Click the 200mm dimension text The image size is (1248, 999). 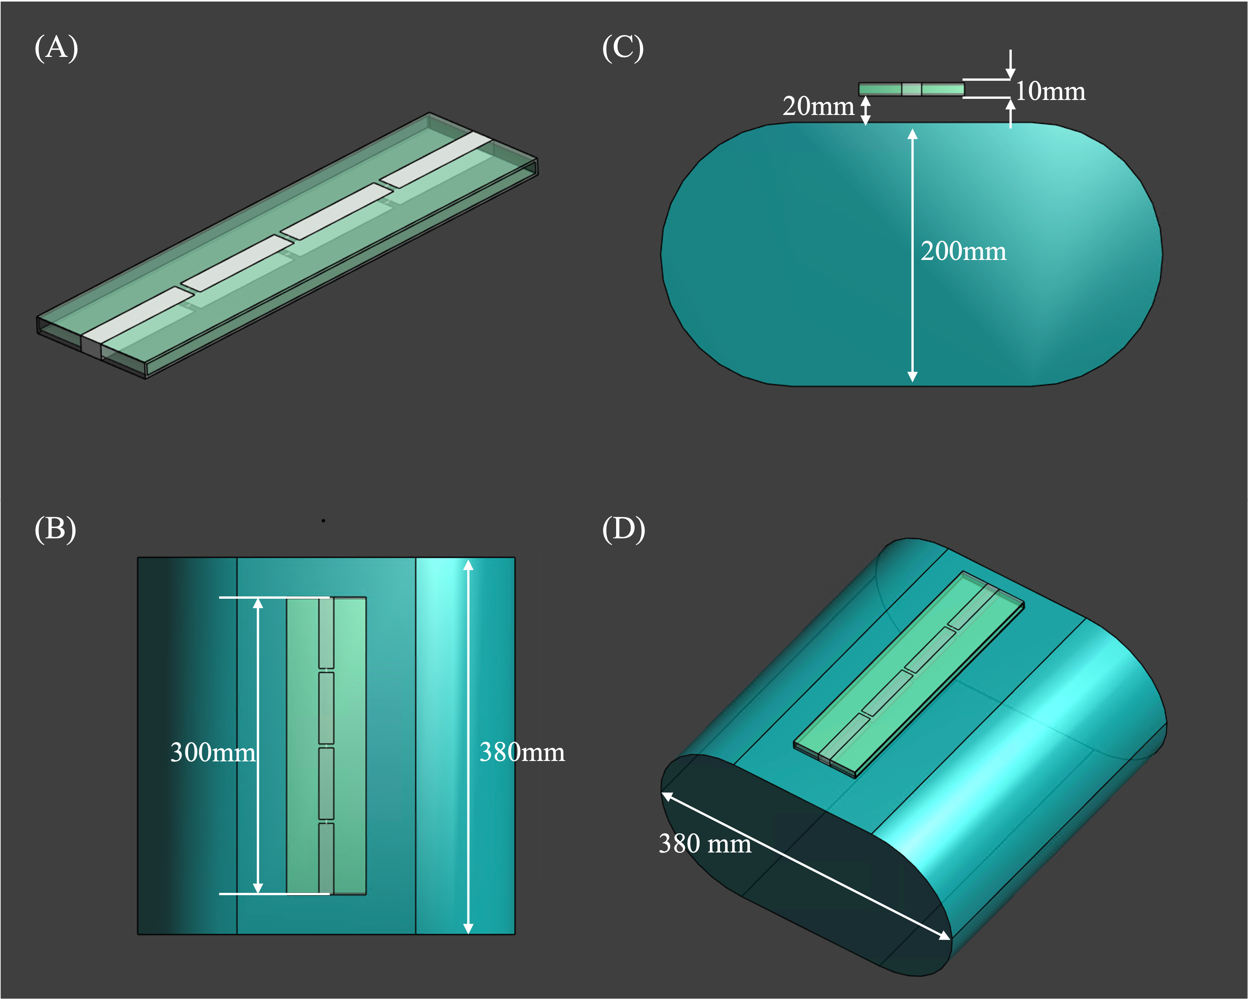[x=963, y=251]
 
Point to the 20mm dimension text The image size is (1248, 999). [x=818, y=106]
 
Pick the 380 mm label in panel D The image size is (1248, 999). [x=705, y=843]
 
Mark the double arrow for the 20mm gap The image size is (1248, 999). [x=865, y=110]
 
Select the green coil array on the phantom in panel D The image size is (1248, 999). [x=909, y=675]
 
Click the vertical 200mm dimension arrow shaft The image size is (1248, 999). [x=912, y=255]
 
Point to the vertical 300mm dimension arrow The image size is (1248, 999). [x=258, y=746]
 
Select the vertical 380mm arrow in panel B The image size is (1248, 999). [x=468, y=746]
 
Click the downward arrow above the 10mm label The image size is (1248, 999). [x=1011, y=64]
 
